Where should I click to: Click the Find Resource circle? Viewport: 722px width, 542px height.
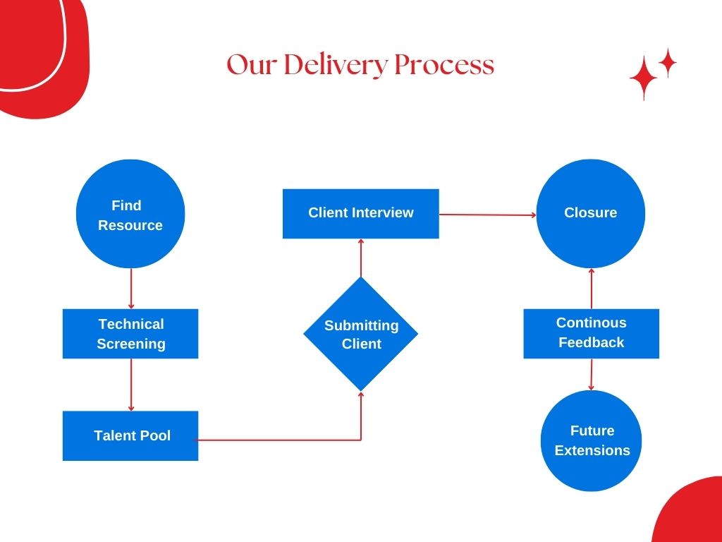coord(130,214)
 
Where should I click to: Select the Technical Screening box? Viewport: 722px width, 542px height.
coord(130,334)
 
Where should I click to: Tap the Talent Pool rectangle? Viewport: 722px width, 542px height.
coord(130,435)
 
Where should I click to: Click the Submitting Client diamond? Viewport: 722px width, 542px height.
coord(361,334)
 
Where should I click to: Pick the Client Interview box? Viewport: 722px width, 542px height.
coord(361,213)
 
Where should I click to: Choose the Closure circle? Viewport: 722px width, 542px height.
coord(591,213)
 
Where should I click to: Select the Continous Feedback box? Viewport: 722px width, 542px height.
coord(591,333)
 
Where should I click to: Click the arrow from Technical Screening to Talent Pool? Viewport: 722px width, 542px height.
coord(131,385)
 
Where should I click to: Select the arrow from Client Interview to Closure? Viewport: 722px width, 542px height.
coord(487,215)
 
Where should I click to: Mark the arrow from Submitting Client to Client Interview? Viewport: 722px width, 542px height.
coord(361,258)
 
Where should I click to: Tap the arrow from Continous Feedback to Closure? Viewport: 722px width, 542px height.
coord(592,288)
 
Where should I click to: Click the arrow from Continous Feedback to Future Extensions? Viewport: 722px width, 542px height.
coord(592,374)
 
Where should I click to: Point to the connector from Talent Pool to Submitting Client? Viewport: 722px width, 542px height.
coord(282,440)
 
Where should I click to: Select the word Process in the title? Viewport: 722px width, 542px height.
coord(443,65)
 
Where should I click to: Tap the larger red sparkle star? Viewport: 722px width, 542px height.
coord(643,78)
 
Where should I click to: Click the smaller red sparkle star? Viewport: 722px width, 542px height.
coord(667,63)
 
